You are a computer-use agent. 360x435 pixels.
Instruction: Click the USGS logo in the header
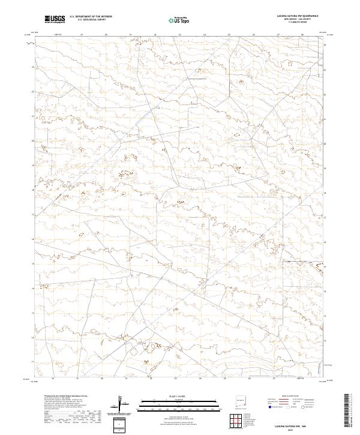55,19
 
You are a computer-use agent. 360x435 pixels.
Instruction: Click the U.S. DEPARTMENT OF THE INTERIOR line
91,17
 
